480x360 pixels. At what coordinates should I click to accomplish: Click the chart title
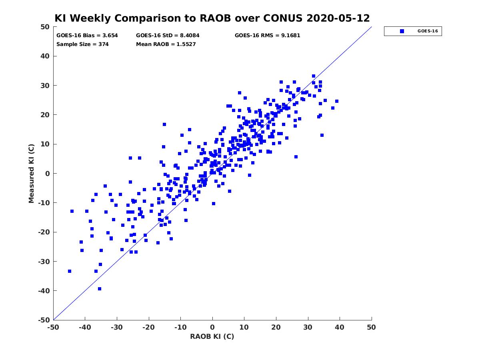pyautogui.click(x=212, y=18)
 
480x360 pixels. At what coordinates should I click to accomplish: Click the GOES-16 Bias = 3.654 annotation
pyautogui.click(x=87, y=36)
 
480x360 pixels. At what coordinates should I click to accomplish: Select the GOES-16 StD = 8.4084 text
pyautogui.click(x=168, y=36)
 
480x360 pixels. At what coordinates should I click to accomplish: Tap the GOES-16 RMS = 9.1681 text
pyautogui.click(x=267, y=36)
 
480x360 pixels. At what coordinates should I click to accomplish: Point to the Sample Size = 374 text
pyautogui.click(x=82, y=44)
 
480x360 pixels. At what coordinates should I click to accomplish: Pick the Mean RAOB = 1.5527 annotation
pyautogui.click(x=166, y=44)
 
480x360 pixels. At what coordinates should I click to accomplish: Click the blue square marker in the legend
pyautogui.click(x=402, y=31)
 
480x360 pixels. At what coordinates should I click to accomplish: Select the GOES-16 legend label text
pyautogui.click(x=428, y=31)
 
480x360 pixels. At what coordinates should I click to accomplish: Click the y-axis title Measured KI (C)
pyautogui.click(x=31, y=173)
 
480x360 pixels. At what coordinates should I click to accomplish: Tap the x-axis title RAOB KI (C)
pyautogui.click(x=212, y=336)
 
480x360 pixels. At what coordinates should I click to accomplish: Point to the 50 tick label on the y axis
pyautogui.click(x=45, y=27)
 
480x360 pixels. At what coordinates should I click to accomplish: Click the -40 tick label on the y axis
pyautogui.click(x=44, y=291)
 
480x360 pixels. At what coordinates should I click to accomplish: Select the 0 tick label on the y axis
pyautogui.click(x=48, y=174)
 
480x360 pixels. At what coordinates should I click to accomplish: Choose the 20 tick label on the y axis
pyautogui.click(x=45, y=115)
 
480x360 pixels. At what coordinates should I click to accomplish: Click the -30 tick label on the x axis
pyautogui.click(x=117, y=328)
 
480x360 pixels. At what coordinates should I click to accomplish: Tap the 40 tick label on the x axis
pyautogui.click(x=340, y=328)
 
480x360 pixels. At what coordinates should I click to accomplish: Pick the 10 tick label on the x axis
pyautogui.click(x=244, y=328)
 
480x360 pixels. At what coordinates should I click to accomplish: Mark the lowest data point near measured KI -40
pyautogui.click(x=100, y=289)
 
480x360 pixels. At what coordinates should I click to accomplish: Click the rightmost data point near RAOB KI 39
pyautogui.click(x=337, y=101)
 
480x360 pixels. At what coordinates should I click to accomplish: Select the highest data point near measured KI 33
pyautogui.click(x=314, y=76)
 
